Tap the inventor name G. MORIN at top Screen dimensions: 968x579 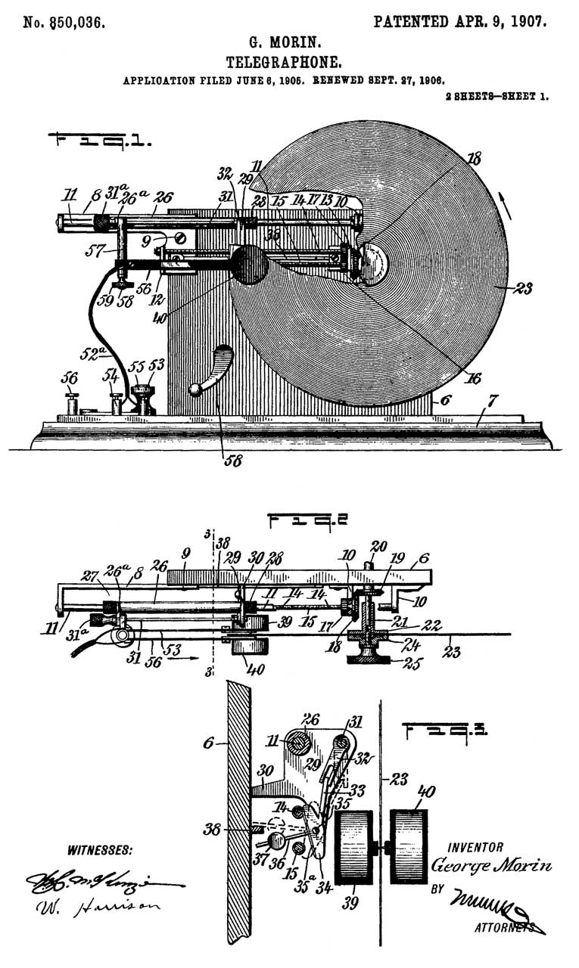click(290, 44)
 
